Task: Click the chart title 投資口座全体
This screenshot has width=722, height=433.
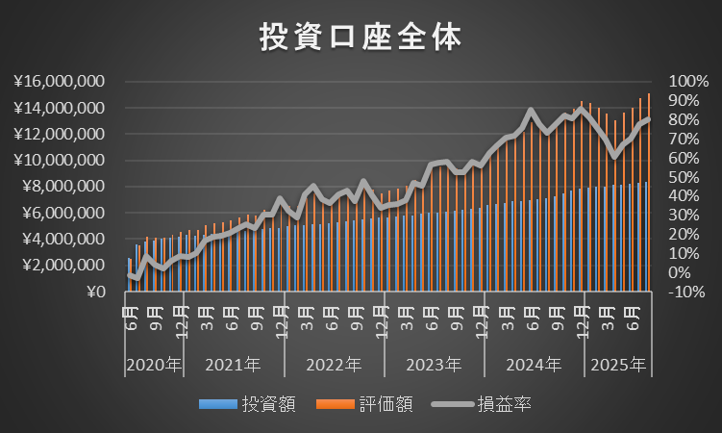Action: pyautogui.click(x=361, y=37)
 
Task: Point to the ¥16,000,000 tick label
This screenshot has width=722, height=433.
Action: pyautogui.click(x=60, y=82)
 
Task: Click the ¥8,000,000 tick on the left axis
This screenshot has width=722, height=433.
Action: pyautogui.click(x=63, y=187)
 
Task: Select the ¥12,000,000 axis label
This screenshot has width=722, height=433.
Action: pyautogui.click(x=60, y=134)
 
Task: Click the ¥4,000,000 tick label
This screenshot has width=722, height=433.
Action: pyautogui.click(x=63, y=239)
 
